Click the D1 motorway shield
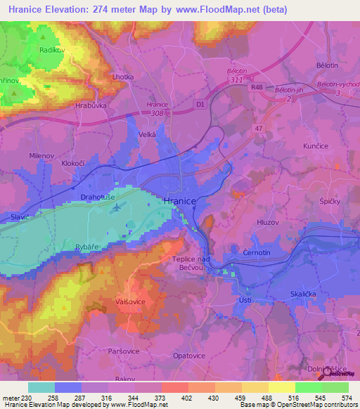click(x=200, y=105)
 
